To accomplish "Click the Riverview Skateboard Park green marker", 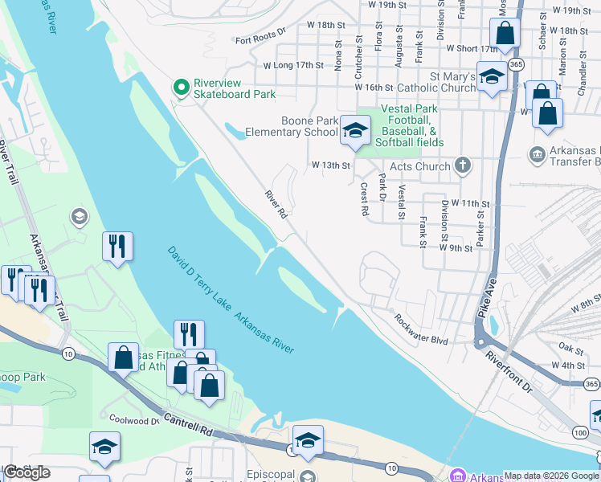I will coord(182,86).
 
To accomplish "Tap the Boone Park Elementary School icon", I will coord(354,130).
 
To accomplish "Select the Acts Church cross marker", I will coord(462,165).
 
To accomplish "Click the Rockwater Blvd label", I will coord(420,329).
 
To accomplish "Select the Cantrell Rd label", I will coord(187,424).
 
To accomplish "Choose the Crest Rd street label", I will coord(364,198).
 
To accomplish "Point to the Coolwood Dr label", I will coord(134,420).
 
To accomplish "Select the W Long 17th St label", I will coord(293,65).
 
